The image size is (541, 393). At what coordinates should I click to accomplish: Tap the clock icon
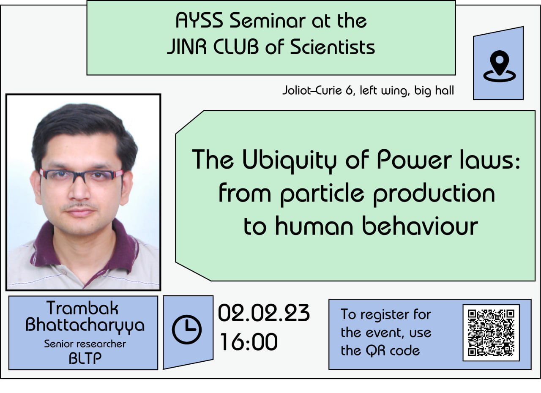[187, 329]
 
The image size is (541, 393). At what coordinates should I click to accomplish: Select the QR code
[491, 333]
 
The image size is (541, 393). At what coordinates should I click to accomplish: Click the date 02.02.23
[264, 313]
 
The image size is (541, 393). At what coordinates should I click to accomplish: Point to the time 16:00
[249, 341]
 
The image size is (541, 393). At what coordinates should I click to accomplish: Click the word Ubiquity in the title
[289, 161]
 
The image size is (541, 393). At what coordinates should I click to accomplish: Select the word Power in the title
[414, 160]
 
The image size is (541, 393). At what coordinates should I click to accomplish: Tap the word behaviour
[421, 225]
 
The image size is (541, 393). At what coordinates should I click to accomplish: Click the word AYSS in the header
[199, 21]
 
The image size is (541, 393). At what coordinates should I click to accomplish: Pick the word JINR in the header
[187, 47]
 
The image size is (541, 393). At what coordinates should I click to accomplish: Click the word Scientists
[332, 46]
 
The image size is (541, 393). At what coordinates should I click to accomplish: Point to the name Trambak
[82, 308]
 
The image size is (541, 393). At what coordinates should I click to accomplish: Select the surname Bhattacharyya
[85, 325]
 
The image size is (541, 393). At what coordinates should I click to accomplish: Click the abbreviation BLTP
[85, 358]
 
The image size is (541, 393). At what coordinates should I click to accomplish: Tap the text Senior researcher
[85, 344]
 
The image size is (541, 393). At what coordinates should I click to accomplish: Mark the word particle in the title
[322, 194]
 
